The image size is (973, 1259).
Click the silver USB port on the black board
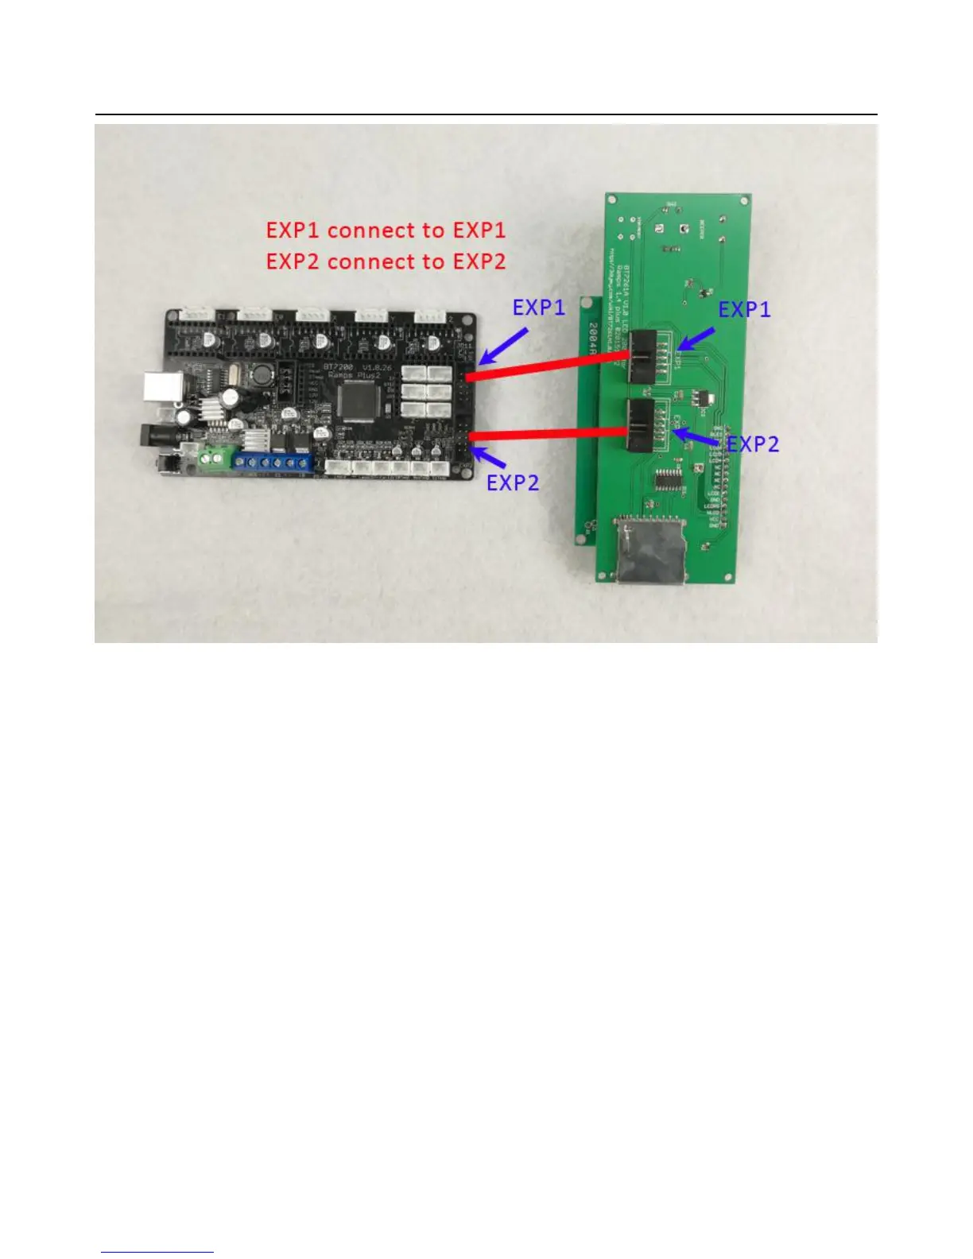pyautogui.click(x=156, y=386)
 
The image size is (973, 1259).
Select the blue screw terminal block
pyautogui.click(x=273, y=462)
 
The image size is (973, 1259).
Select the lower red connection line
pyautogui.click(x=549, y=434)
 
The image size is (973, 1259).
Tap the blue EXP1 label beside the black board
pyautogui.click(x=538, y=308)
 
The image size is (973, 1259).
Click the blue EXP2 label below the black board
pyautogui.click(x=512, y=482)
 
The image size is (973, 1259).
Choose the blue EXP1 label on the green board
pyautogui.click(x=744, y=310)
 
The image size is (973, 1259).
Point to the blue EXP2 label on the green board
pyautogui.click(x=752, y=444)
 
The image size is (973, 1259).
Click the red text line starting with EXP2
pyautogui.click(x=386, y=261)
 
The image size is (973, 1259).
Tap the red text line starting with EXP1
pyautogui.click(x=386, y=230)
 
